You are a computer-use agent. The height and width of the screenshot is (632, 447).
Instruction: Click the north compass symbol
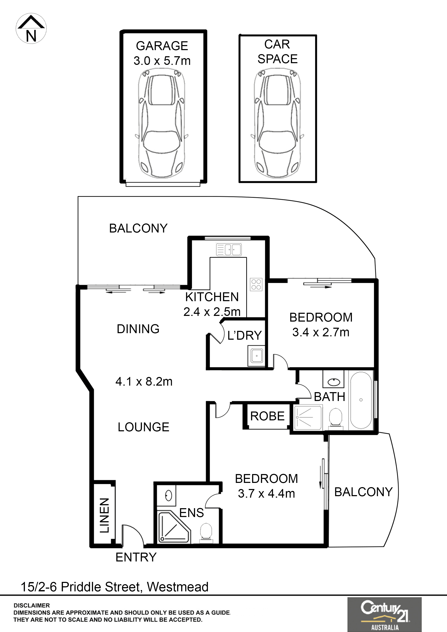click(x=31, y=29)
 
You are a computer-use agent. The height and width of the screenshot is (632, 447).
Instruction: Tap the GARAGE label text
click(x=162, y=46)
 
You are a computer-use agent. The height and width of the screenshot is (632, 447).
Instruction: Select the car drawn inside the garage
click(x=162, y=124)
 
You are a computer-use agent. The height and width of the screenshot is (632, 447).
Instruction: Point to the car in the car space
click(x=277, y=124)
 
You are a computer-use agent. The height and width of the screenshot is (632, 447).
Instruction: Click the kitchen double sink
click(x=229, y=250)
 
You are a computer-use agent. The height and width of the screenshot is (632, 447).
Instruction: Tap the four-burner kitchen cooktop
click(x=256, y=284)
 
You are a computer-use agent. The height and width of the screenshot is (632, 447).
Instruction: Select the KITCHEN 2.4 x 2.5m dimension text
click(x=212, y=304)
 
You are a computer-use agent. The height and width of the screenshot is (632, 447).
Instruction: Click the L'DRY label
click(x=244, y=335)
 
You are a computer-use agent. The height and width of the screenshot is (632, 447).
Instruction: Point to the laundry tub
click(x=256, y=356)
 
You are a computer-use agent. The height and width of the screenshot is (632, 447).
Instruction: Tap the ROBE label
click(x=267, y=416)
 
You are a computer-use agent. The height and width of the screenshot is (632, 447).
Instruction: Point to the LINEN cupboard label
click(x=104, y=515)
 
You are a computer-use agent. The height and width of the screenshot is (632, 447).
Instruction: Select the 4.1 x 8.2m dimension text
click(x=144, y=382)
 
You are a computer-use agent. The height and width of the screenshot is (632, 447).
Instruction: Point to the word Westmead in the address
click(x=178, y=587)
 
